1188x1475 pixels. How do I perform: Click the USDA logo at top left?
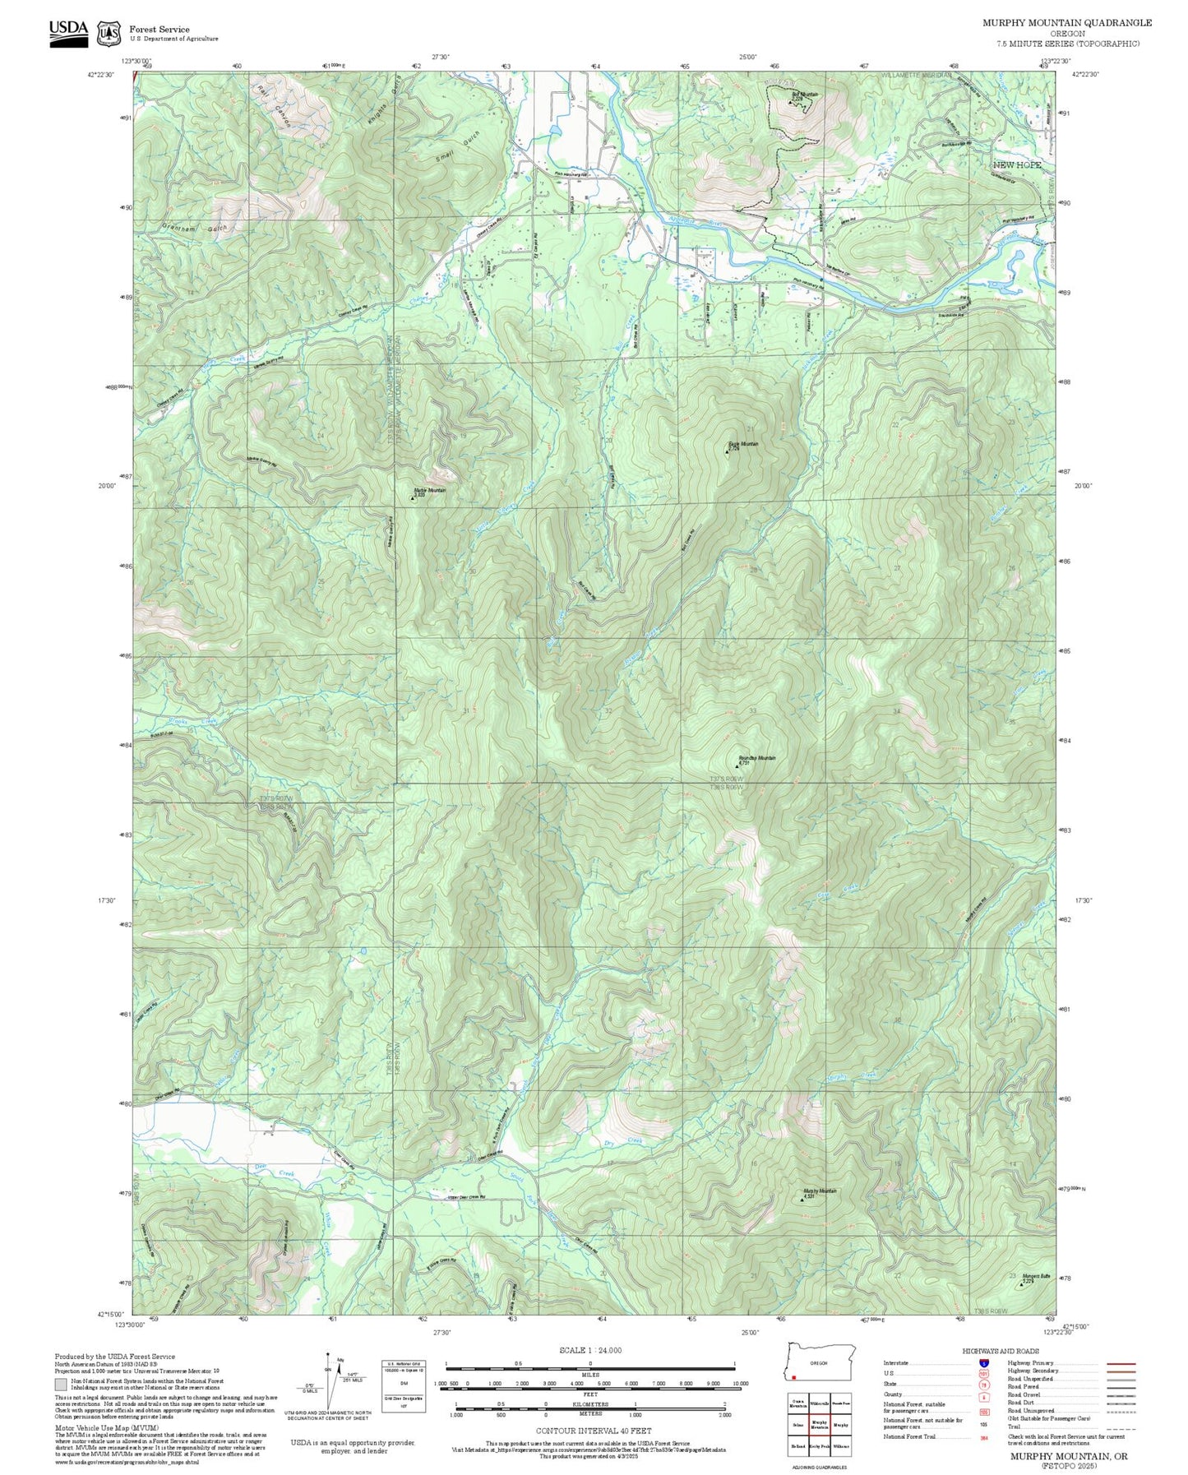coord(68,33)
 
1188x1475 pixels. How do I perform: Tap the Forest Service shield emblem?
coord(109,34)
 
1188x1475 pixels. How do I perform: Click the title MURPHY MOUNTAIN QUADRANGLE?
coord(1066,23)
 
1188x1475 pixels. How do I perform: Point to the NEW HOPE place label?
coord(1016,165)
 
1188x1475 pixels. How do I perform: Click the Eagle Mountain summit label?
coord(742,445)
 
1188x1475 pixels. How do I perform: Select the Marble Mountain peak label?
coord(429,492)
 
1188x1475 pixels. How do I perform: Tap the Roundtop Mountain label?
coord(756,759)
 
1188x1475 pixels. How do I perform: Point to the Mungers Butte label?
coord(1036,1277)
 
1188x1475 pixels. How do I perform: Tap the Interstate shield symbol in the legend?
coord(983,1362)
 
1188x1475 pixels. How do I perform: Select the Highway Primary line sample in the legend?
coord(1121,1363)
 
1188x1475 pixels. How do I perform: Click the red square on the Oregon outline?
coord(794,1378)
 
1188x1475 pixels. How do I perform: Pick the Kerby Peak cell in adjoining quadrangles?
coord(819,1445)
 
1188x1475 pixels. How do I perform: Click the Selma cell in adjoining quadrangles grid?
coord(797,1424)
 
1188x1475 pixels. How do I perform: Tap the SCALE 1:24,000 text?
coord(589,1350)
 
